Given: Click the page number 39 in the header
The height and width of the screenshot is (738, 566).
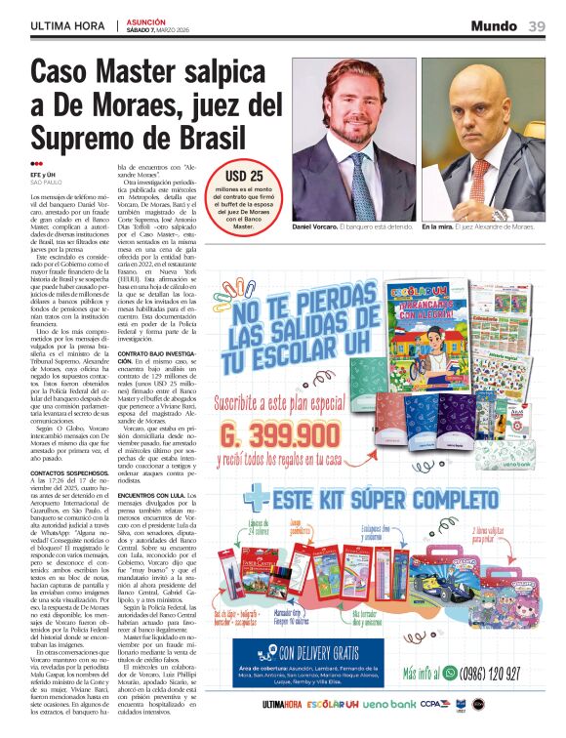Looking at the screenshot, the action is point(537,26).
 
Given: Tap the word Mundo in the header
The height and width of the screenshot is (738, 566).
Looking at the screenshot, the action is point(494,26).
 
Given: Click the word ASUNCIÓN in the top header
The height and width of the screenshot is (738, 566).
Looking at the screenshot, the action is point(145,20).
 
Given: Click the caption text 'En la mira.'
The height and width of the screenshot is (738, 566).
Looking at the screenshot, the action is point(437,226).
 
